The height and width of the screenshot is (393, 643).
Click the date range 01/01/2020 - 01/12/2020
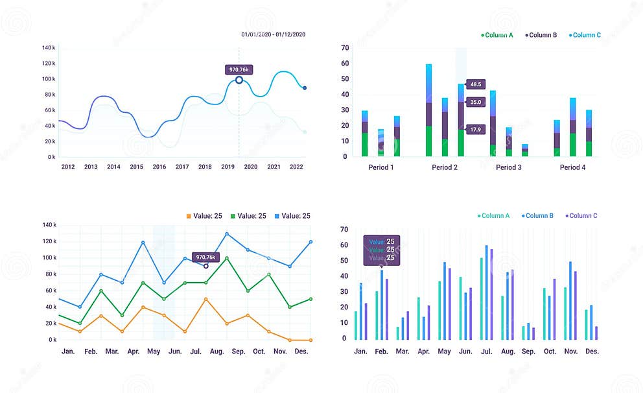click(x=272, y=34)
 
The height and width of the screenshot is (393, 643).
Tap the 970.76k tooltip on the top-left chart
click(x=239, y=69)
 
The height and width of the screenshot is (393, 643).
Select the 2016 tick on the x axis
click(x=159, y=167)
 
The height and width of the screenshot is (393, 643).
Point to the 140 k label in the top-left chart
click(x=49, y=48)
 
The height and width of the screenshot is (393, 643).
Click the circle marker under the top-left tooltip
click(x=239, y=80)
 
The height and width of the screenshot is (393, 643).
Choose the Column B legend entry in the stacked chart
click(x=541, y=35)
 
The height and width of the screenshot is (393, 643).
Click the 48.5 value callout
click(x=476, y=84)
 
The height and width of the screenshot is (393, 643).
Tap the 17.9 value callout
click(x=476, y=130)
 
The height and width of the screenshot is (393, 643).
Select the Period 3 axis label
click(x=509, y=167)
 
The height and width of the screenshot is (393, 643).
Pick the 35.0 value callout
click(x=476, y=102)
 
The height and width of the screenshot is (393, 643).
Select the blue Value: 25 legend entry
click(x=292, y=216)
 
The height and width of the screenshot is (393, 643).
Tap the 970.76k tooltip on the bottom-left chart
click(x=205, y=257)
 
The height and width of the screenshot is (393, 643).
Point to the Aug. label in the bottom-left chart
click(x=216, y=351)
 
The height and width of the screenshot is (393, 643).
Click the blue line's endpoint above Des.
click(x=310, y=242)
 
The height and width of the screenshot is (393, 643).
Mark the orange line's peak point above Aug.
click(x=205, y=299)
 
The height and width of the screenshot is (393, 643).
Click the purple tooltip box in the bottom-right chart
click(x=381, y=250)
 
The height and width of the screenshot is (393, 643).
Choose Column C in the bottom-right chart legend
click(x=581, y=216)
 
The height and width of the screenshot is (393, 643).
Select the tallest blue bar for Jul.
click(x=486, y=292)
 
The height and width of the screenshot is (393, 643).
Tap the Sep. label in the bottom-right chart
click(x=528, y=351)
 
